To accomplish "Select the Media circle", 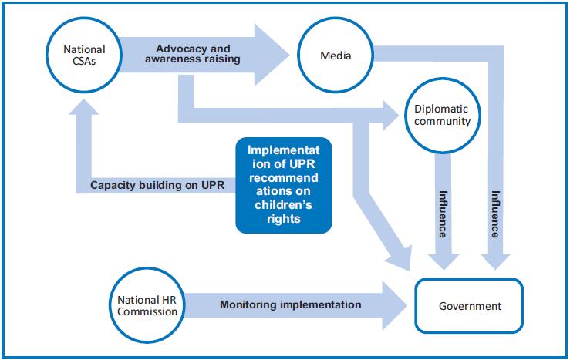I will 336,56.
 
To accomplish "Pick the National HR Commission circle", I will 147,305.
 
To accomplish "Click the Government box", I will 470,306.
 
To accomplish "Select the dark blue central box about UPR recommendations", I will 284,185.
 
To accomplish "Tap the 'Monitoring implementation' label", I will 291,304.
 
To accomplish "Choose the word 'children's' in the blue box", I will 284,205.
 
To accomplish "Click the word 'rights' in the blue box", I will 284,219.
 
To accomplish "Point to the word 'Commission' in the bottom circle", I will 148,311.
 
